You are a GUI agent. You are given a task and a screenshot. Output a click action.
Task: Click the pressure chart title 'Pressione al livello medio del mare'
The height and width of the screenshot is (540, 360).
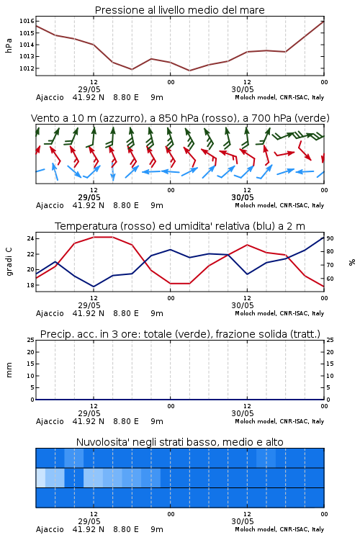pyautogui.click(x=179, y=10)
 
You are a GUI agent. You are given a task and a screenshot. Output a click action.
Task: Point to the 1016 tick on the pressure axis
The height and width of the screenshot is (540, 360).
pyautogui.click(x=27, y=22)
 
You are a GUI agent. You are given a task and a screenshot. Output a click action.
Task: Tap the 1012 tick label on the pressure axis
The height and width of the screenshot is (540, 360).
pyautogui.click(x=27, y=68)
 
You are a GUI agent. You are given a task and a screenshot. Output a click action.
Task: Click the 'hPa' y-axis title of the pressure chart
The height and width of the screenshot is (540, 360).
pyautogui.click(x=9, y=45)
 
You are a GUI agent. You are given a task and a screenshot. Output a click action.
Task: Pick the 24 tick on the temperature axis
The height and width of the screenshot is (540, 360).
pyautogui.click(x=30, y=238)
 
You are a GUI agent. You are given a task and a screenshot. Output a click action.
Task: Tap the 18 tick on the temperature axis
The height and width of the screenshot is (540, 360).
pyautogui.click(x=30, y=285)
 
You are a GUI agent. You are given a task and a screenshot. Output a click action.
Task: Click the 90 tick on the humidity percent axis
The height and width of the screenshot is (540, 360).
pyautogui.click(x=330, y=238)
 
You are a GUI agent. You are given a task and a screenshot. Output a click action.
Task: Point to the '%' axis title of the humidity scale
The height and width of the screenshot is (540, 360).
pyautogui.click(x=352, y=262)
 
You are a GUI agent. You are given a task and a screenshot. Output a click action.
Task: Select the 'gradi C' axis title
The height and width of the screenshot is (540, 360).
pyautogui.click(x=9, y=262)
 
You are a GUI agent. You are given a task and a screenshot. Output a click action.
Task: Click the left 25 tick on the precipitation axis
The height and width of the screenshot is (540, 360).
pyautogui.click(x=31, y=340)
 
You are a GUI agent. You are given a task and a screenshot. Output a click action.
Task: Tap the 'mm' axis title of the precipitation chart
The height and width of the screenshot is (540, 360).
pyautogui.click(x=9, y=370)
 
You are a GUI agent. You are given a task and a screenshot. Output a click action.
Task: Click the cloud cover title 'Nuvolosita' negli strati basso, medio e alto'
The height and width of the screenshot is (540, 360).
pyautogui.click(x=179, y=442)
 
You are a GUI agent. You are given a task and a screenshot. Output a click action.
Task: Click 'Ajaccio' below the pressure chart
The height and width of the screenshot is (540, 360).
pyautogui.click(x=50, y=97)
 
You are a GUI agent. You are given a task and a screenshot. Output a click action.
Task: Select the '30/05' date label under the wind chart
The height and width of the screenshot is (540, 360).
pyautogui.click(x=243, y=198)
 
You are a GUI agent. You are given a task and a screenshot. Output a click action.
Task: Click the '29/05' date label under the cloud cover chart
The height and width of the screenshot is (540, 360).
pyautogui.click(x=89, y=521)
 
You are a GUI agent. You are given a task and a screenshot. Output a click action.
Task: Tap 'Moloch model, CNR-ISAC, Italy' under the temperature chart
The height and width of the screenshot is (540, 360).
pyautogui.click(x=279, y=313)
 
